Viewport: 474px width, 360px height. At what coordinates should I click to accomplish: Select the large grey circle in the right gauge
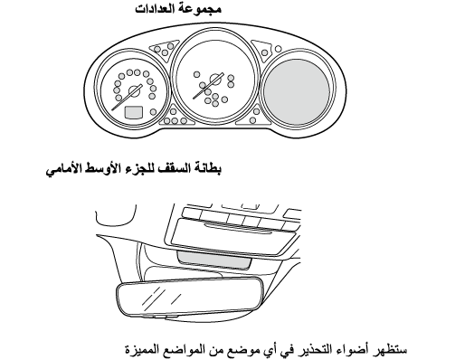pyautogui.click(x=297, y=92)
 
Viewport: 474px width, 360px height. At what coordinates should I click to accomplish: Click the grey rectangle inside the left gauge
pyautogui.click(x=134, y=112)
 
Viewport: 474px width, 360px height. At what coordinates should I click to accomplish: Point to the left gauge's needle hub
pyautogui.click(x=134, y=91)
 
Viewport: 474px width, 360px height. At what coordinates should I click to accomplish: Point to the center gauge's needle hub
pyautogui.click(x=216, y=80)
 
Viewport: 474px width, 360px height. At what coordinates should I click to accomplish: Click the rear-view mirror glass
pyautogui.click(x=190, y=297)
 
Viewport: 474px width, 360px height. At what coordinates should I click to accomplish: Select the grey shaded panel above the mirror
pyautogui.click(x=214, y=261)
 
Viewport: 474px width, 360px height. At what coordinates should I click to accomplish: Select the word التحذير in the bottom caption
pyautogui.click(x=315, y=350)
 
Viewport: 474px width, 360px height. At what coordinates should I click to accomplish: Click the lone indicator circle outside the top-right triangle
pyautogui.click(x=279, y=49)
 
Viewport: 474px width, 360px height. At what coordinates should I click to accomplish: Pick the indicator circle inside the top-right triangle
pyautogui.click(x=265, y=52)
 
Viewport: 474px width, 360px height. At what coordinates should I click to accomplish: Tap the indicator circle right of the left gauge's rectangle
pyautogui.click(x=153, y=112)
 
